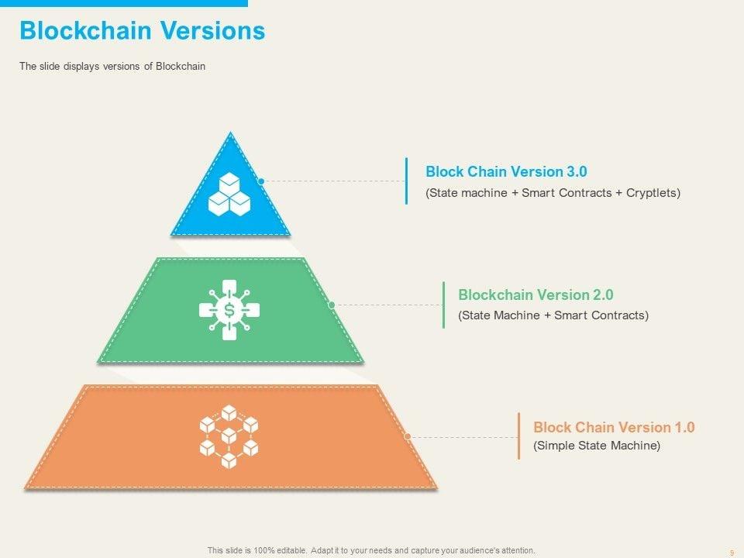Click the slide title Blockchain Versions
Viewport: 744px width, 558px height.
pos(142,31)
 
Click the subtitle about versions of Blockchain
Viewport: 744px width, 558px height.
pos(112,67)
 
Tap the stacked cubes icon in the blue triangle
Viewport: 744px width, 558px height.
pos(229,195)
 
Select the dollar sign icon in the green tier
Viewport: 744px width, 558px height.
pos(229,310)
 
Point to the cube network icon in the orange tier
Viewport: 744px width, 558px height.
pos(229,436)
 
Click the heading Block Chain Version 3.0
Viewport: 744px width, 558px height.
pos(501,171)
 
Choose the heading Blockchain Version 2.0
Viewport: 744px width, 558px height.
pos(536,294)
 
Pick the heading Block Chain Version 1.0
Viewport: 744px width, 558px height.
pos(614,427)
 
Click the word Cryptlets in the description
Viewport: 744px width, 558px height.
pos(653,192)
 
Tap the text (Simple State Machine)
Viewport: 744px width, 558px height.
pos(597,446)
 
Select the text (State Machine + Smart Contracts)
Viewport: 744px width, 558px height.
pos(553,315)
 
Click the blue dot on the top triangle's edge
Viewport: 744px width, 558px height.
pos(262,181)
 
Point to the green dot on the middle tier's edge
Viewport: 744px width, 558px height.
pos(332,305)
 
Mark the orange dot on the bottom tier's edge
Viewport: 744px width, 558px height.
pos(408,436)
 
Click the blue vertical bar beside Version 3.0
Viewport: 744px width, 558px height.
pos(406,181)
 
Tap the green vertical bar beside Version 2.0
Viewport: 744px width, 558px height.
pos(443,305)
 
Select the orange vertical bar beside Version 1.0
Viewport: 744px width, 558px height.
pos(518,436)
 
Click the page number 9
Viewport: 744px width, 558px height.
pos(732,552)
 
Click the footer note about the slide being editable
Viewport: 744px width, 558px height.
pos(371,550)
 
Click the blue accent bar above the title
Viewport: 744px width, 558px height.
pos(124,3)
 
